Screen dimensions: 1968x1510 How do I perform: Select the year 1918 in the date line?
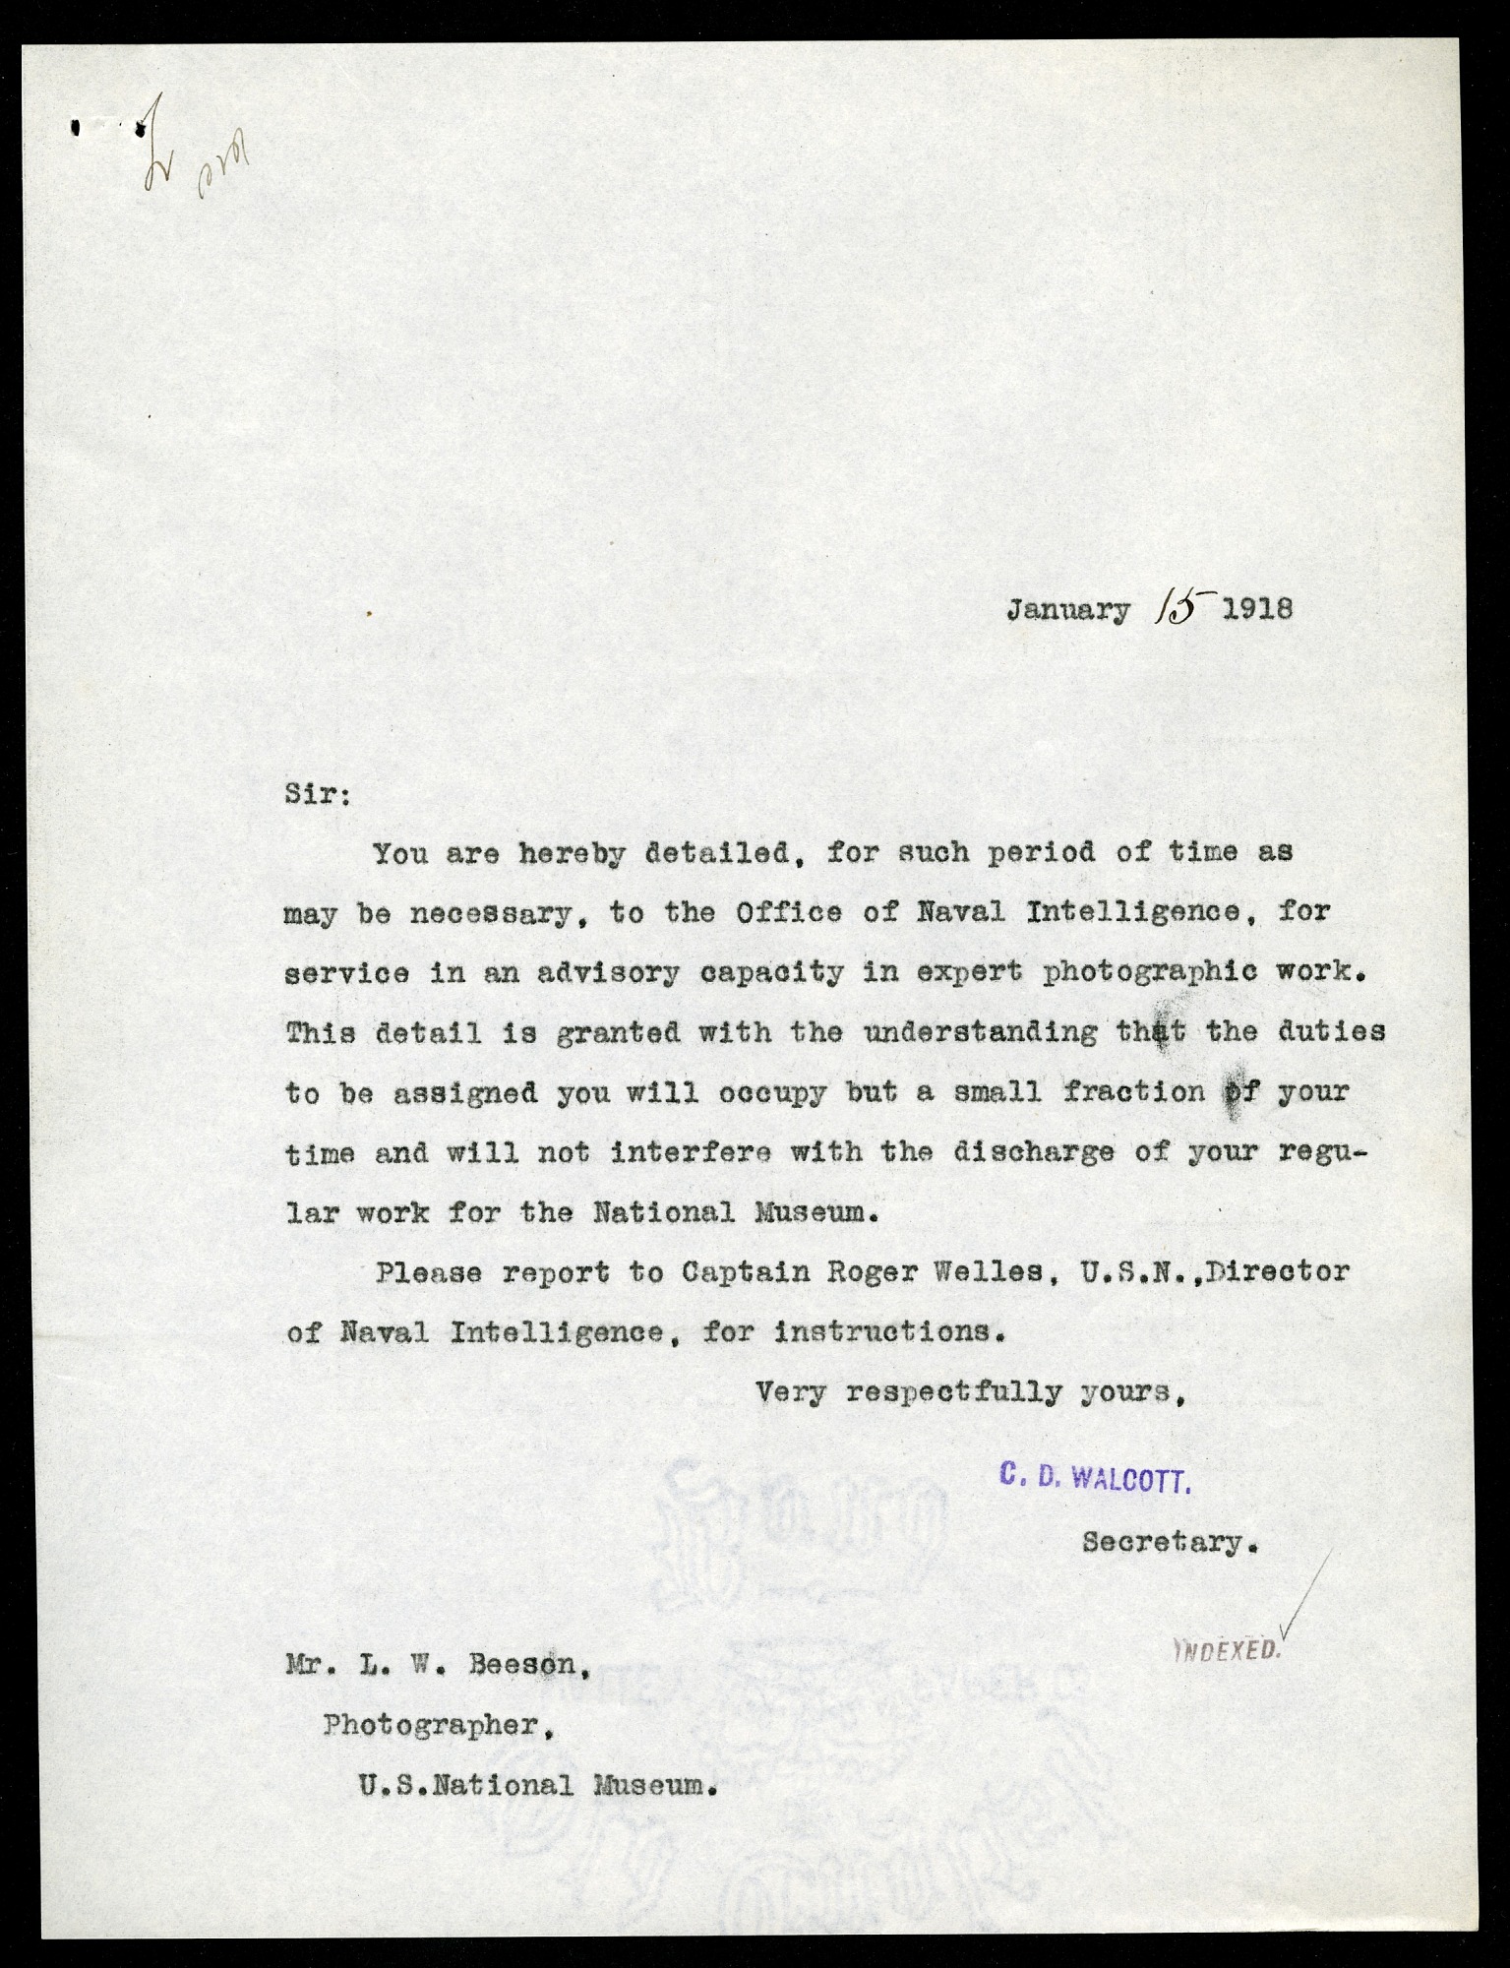click(1256, 609)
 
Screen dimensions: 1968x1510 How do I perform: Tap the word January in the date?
click(1067, 611)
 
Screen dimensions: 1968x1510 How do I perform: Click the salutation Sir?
click(317, 794)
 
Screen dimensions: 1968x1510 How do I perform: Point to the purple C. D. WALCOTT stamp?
click(1095, 1477)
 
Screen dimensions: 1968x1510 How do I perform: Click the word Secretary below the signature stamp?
click(1167, 1541)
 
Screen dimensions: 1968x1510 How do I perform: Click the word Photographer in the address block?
click(432, 1725)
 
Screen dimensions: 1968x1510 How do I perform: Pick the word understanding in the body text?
click(980, 1032)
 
